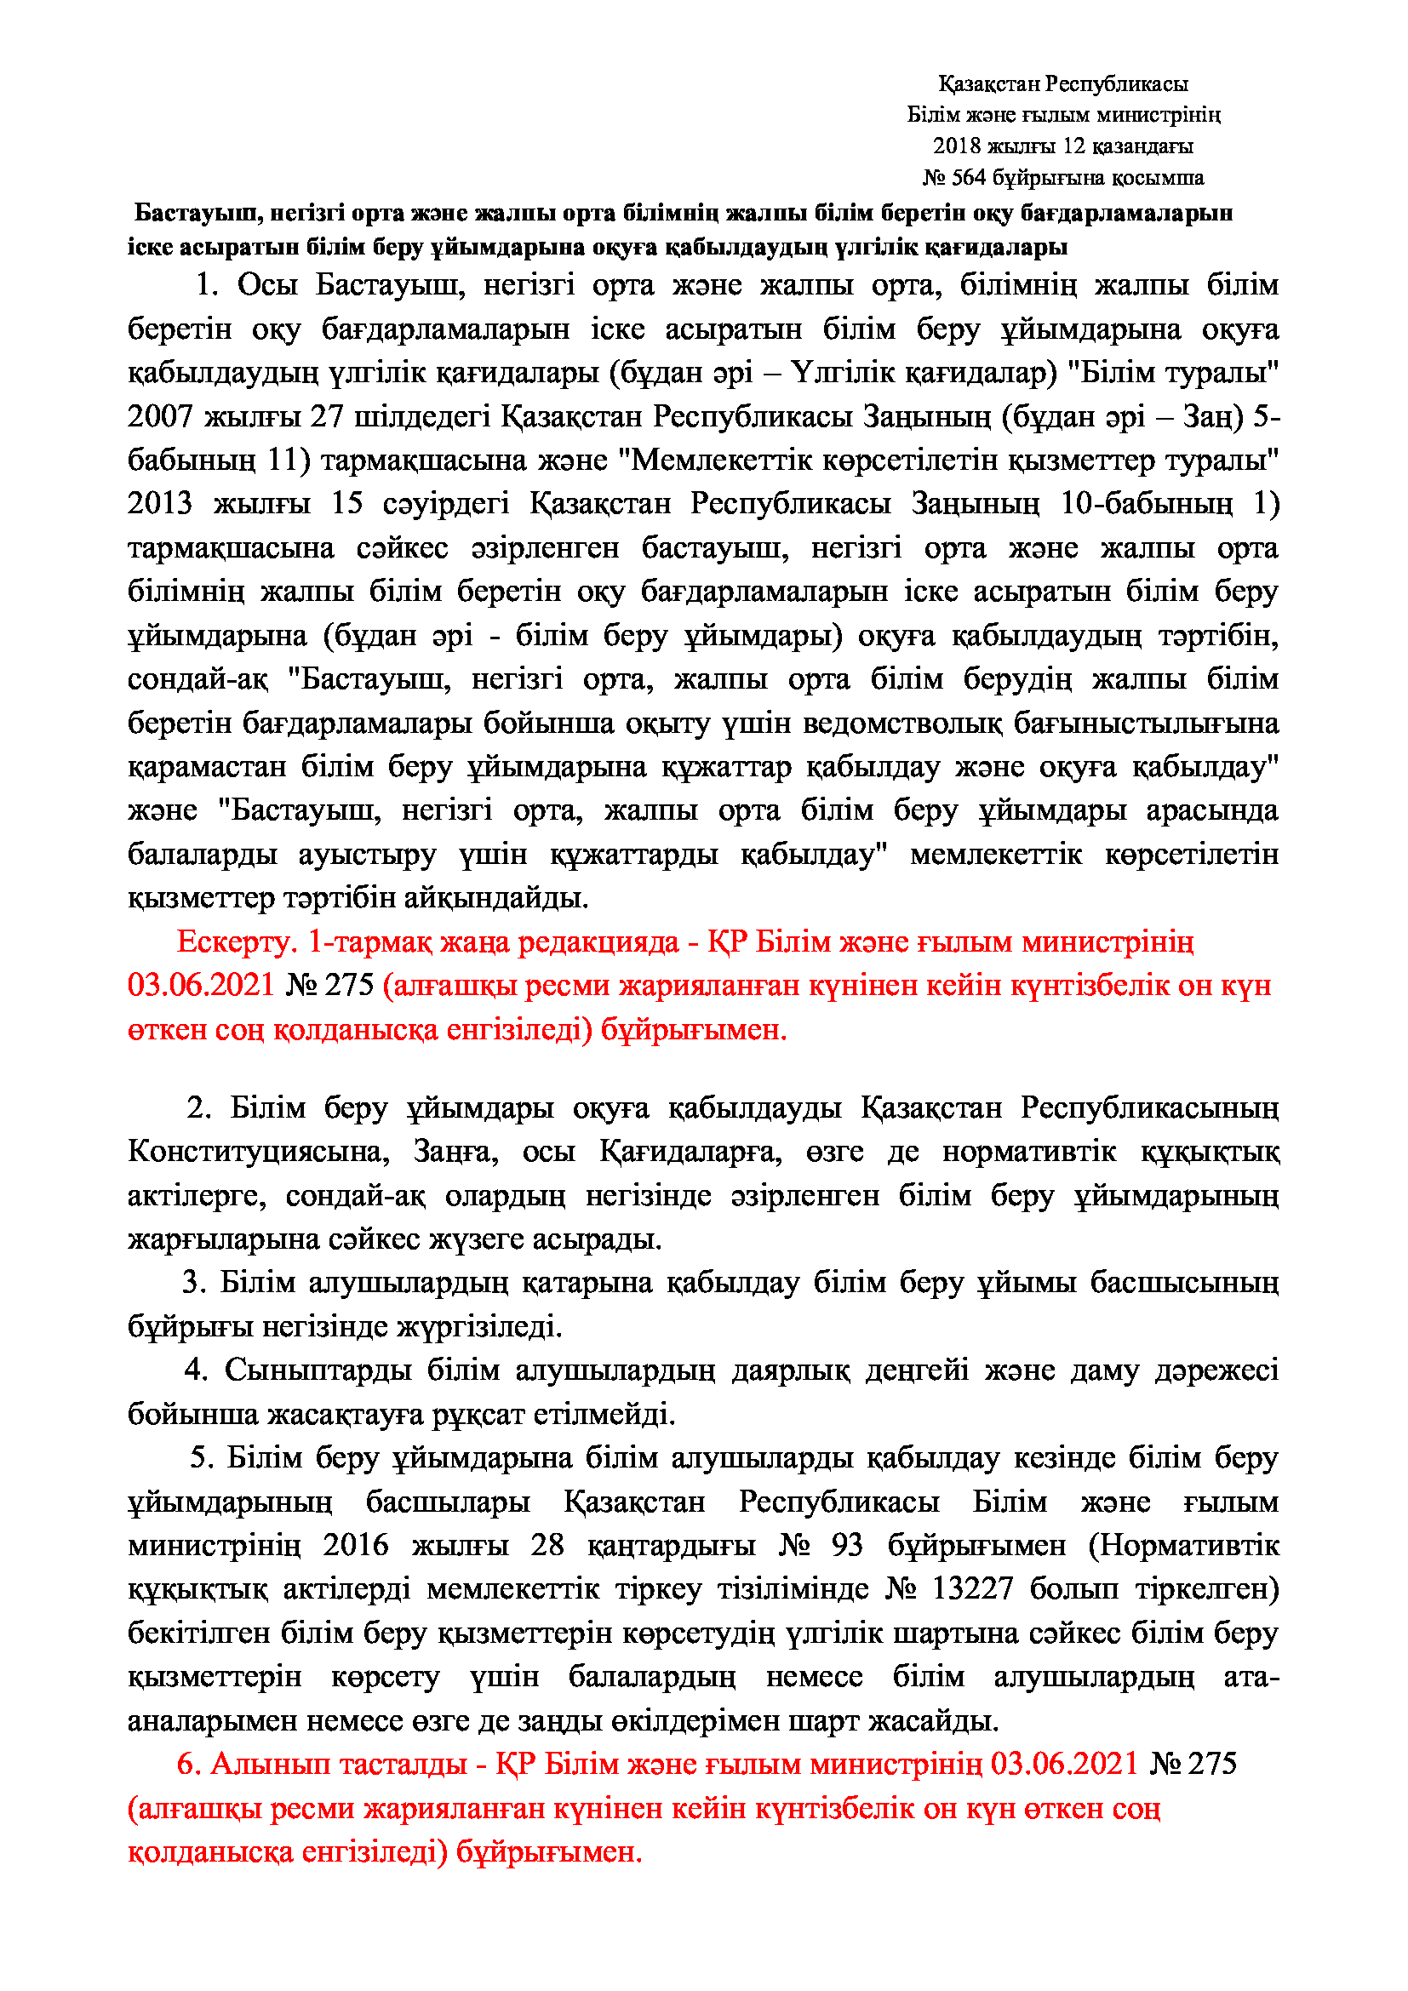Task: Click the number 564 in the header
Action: [969, 178]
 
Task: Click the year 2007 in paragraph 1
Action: [160, 416]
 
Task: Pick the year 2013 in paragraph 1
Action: [160, 504]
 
